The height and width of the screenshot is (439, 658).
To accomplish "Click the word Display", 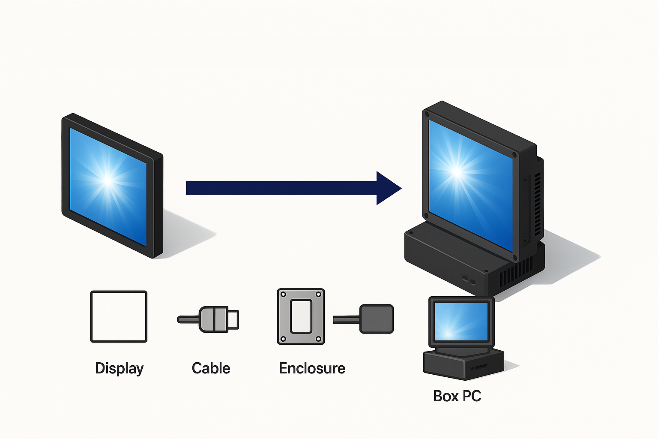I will [x=119, y=368].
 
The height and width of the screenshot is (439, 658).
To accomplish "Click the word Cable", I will [x=211, y=368].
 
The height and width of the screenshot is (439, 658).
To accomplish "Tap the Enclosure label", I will [x=312, y=368].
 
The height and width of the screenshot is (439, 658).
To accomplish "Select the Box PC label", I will [x=457, y=396].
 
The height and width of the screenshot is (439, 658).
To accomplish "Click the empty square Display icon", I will [x=119, y=316].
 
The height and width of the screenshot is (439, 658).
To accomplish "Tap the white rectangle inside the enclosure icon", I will [x=301, y=316].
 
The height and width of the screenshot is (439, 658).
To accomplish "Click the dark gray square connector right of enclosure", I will [x=377, y=319].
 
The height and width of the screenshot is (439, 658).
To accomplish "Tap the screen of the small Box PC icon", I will [x=461, y=321].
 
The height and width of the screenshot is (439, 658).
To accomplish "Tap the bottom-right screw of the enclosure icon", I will [x=319, y=339].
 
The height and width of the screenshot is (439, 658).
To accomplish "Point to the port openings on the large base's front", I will [x=468, y=280].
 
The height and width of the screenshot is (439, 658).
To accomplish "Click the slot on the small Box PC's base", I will [x=481, y=367].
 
